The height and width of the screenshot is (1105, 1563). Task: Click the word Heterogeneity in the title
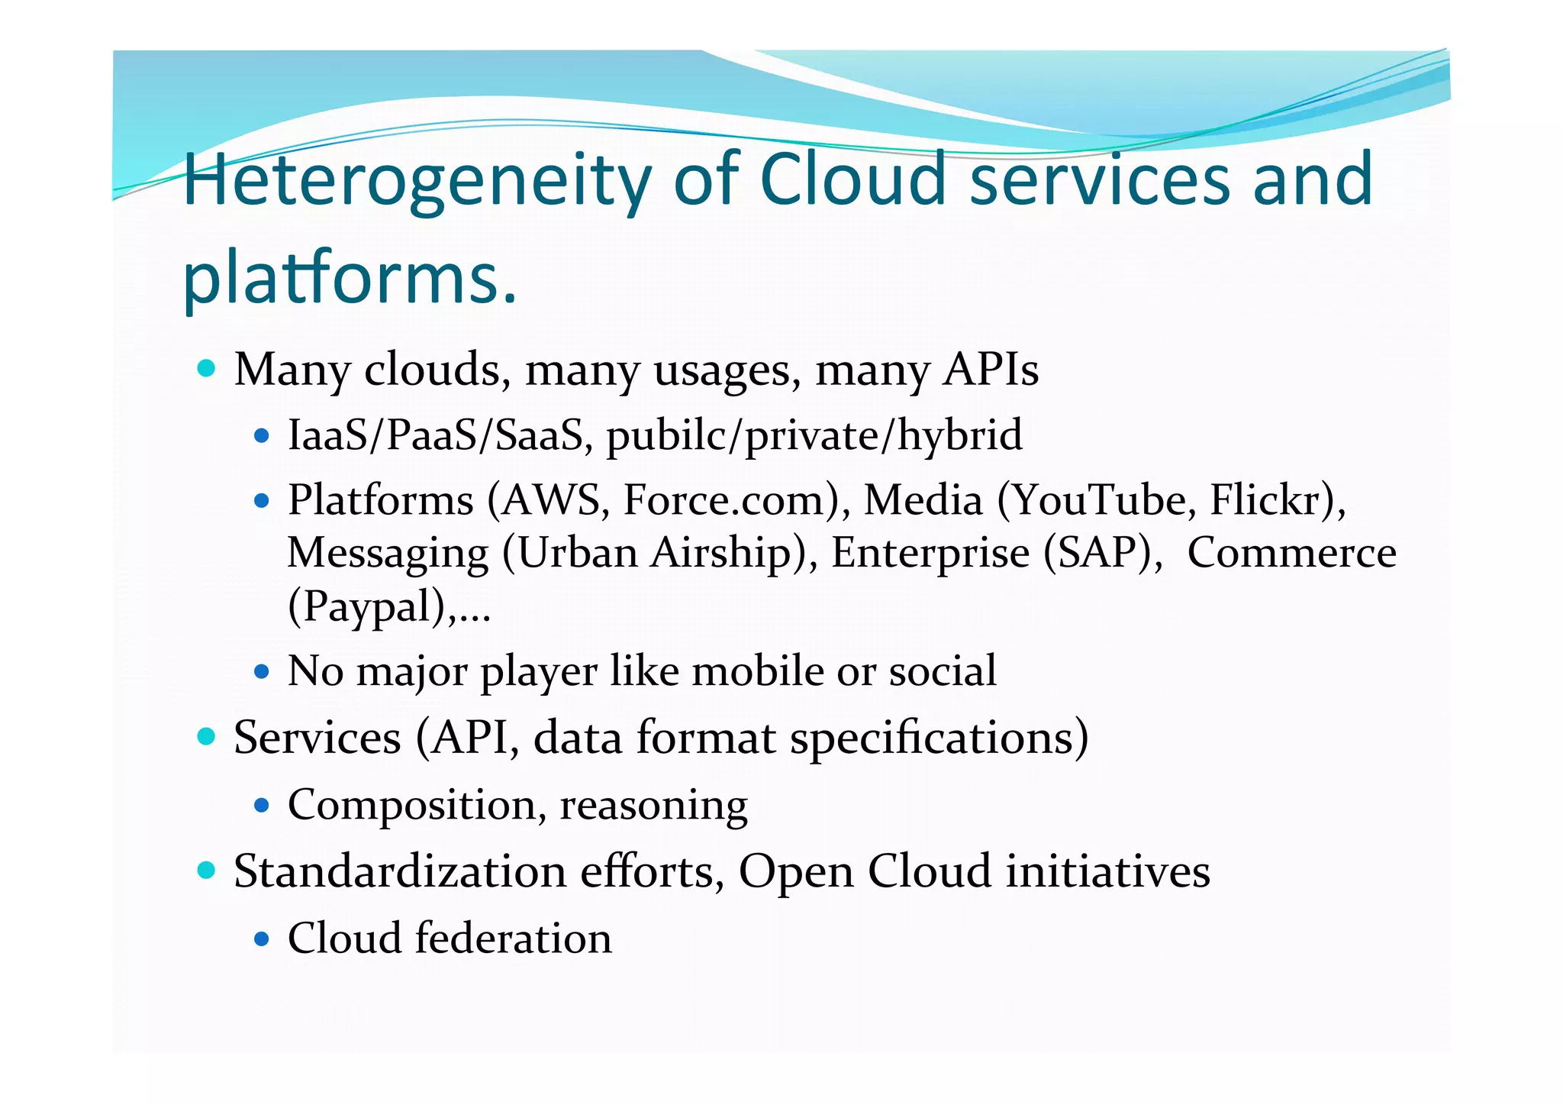tap(417, 180)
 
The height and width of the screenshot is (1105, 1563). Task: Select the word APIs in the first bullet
tap(990, 370)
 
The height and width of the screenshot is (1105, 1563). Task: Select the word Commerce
tap(1291, 553)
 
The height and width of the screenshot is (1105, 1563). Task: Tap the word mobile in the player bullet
tap(758, 671)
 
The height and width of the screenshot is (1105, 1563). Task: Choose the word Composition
tap(417, 806)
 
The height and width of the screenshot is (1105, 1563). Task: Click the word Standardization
tap(400, 871)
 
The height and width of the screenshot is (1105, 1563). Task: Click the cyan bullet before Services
tap(205, 737)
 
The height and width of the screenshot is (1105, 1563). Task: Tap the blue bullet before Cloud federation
tap(262, 939)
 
